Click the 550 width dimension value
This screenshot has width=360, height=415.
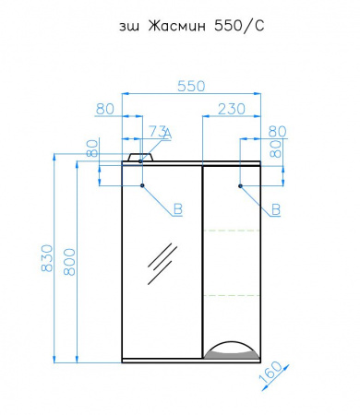(191, 87)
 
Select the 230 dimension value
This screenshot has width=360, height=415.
(232, 109)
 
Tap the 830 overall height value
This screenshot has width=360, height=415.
(47, 258)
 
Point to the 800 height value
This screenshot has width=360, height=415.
(69, 262)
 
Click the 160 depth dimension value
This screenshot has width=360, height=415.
(270, 373)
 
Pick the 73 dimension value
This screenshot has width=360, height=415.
(158, 132)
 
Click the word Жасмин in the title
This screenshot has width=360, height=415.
(177, 27)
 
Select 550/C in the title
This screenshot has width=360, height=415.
(239, 27)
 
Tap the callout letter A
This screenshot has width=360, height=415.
(167, 134)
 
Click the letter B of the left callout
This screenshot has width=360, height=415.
(178, 209)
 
